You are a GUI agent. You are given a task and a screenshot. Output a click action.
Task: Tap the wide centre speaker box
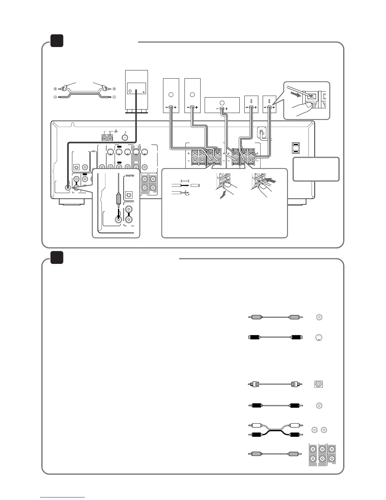(x=222, y=105)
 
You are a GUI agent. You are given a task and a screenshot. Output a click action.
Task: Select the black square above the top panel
(x=57, y=41)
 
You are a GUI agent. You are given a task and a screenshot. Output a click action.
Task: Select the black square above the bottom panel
(x=57, y=257)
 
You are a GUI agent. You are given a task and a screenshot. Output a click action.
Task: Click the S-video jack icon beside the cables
(x=319, y=337)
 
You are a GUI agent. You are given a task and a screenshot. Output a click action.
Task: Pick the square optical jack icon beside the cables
(x=319, y=384)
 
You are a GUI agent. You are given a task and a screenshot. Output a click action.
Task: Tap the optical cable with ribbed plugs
(x=274, y=384)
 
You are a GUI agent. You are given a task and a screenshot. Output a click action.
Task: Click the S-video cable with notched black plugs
(x=274, y=337)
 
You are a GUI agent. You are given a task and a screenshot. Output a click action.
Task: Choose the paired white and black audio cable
(x=274, y=430)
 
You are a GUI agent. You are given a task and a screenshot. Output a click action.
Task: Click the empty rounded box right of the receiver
(x=316, y=169)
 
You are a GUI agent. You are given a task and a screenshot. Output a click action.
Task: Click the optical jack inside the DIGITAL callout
(x=128, y=195)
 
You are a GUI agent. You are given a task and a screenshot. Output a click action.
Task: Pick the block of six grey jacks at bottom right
(x=322, y=454)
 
